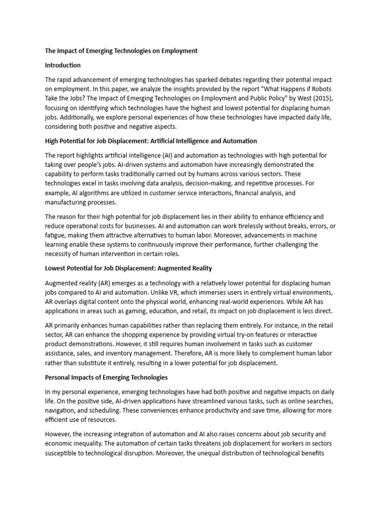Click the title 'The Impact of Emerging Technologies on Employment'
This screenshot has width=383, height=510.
(121, 51)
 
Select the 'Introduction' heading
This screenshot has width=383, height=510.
(63, 65)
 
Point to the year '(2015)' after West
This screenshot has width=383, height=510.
(325, 99)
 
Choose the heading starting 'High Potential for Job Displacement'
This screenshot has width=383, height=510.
(151, 141)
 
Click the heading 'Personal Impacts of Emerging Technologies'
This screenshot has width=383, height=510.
(106, 378)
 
